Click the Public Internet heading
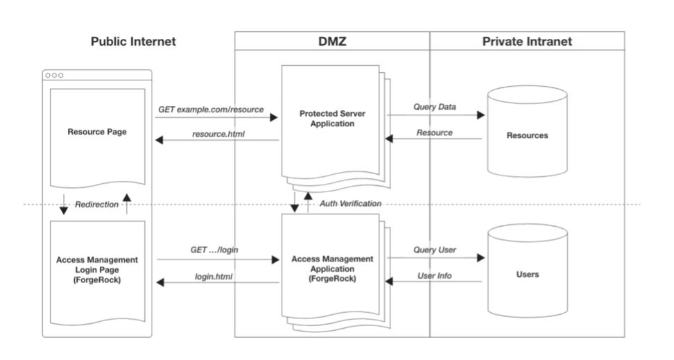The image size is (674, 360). click(x=134, y=42)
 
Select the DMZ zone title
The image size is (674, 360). click(x=331, y=42)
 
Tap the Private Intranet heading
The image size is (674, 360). click(x=527, y=42)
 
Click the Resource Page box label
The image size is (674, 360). click(x=97, y=131)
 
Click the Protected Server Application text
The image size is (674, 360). click(x=333, y=119)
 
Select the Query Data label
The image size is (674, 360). click(x=435, y=108)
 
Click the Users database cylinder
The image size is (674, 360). click(x=528, y=274)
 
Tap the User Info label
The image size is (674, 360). click(x=434, y=275)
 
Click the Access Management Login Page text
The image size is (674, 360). click(x=97, y=269)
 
